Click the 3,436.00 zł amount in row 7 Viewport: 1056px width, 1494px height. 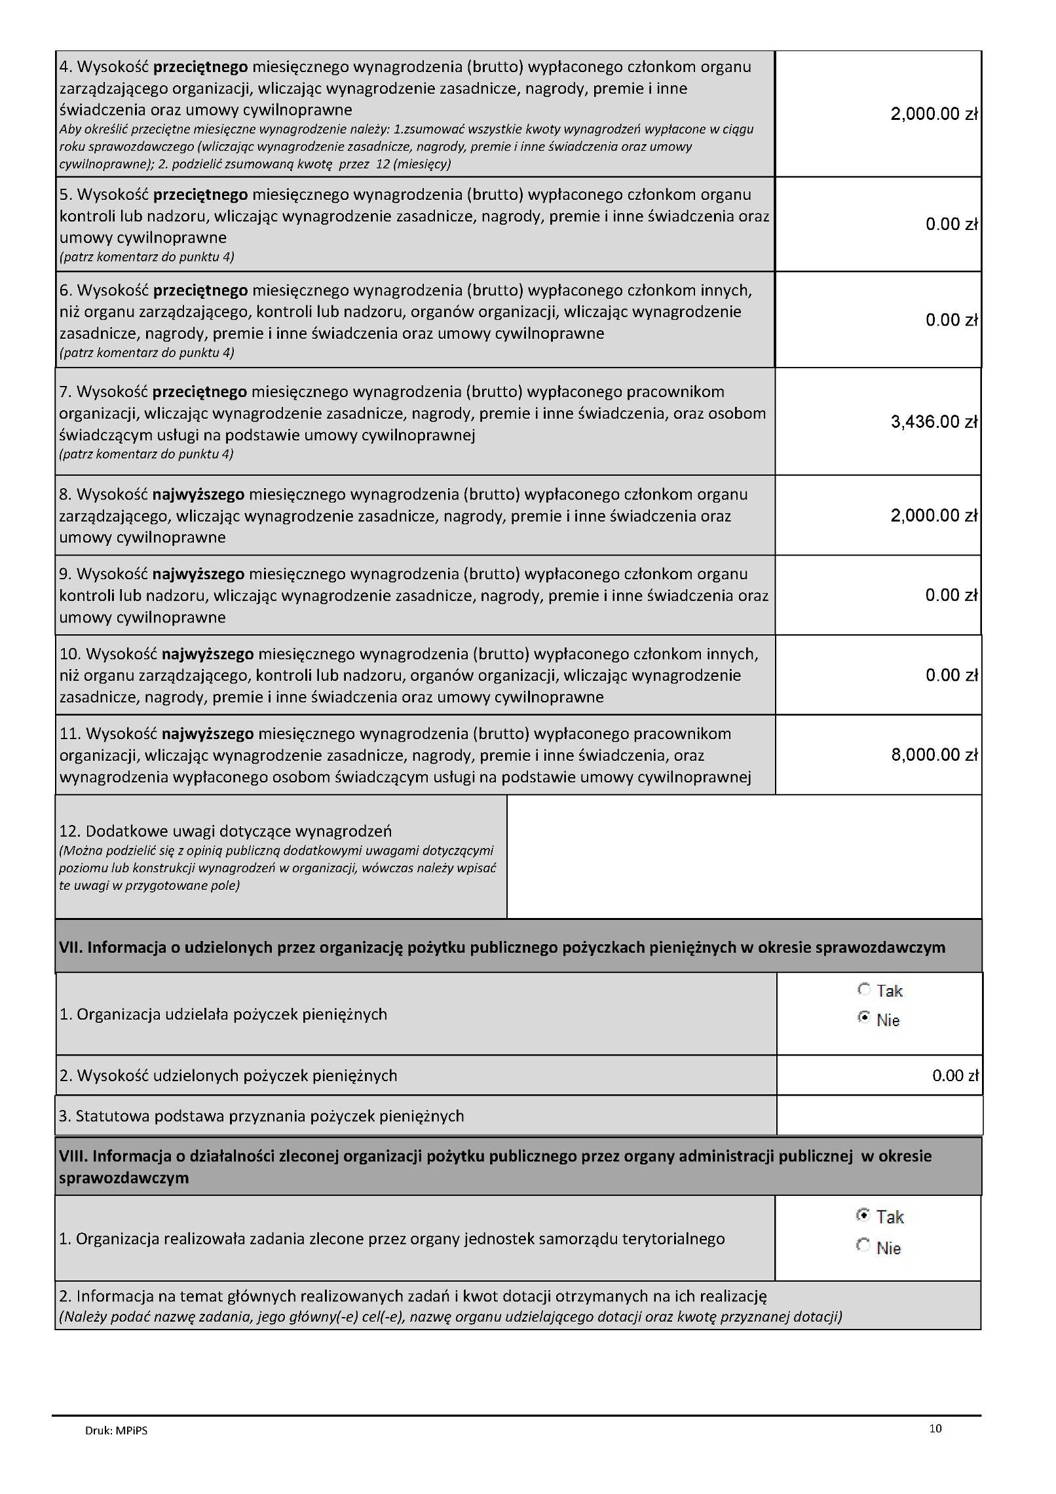933,422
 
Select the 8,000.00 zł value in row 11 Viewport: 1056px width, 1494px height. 933,755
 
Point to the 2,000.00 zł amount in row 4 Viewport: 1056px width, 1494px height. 933,115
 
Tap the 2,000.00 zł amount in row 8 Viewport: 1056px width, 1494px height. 933,516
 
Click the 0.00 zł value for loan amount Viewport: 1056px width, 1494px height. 954,1075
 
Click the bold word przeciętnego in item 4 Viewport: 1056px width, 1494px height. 200,67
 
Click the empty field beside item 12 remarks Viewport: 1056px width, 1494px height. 744,856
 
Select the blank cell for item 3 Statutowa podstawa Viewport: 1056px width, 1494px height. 879,1116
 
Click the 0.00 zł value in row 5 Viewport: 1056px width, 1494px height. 951,225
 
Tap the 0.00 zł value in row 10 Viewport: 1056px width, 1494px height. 951,676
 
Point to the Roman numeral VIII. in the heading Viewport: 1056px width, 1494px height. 70,1156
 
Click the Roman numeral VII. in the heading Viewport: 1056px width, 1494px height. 69,947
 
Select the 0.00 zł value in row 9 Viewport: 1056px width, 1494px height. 951,596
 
